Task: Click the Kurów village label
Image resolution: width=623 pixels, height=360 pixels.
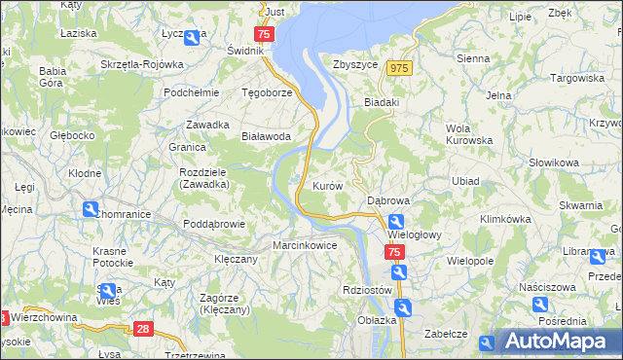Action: pos(325,185)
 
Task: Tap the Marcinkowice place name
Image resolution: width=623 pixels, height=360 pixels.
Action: pos(305,245)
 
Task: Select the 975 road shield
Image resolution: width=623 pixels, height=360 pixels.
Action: pos(398,67)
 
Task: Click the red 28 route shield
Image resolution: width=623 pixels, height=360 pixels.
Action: pos(144,330)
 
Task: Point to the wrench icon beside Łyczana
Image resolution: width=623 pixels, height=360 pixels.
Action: pos(192,38)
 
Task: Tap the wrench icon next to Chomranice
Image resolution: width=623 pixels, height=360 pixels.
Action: pos(91,208)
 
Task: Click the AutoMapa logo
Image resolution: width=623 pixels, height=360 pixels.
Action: pos(559,341)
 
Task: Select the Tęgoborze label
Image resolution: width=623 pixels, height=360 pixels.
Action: pos(267,93)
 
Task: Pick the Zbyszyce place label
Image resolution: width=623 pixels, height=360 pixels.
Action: pos(354,64)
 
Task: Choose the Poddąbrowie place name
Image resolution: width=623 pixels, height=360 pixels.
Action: pos(212,224)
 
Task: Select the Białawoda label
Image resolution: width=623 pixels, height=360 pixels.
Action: pos(266,137)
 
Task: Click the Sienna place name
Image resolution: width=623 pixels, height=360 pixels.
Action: pos(472,58)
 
